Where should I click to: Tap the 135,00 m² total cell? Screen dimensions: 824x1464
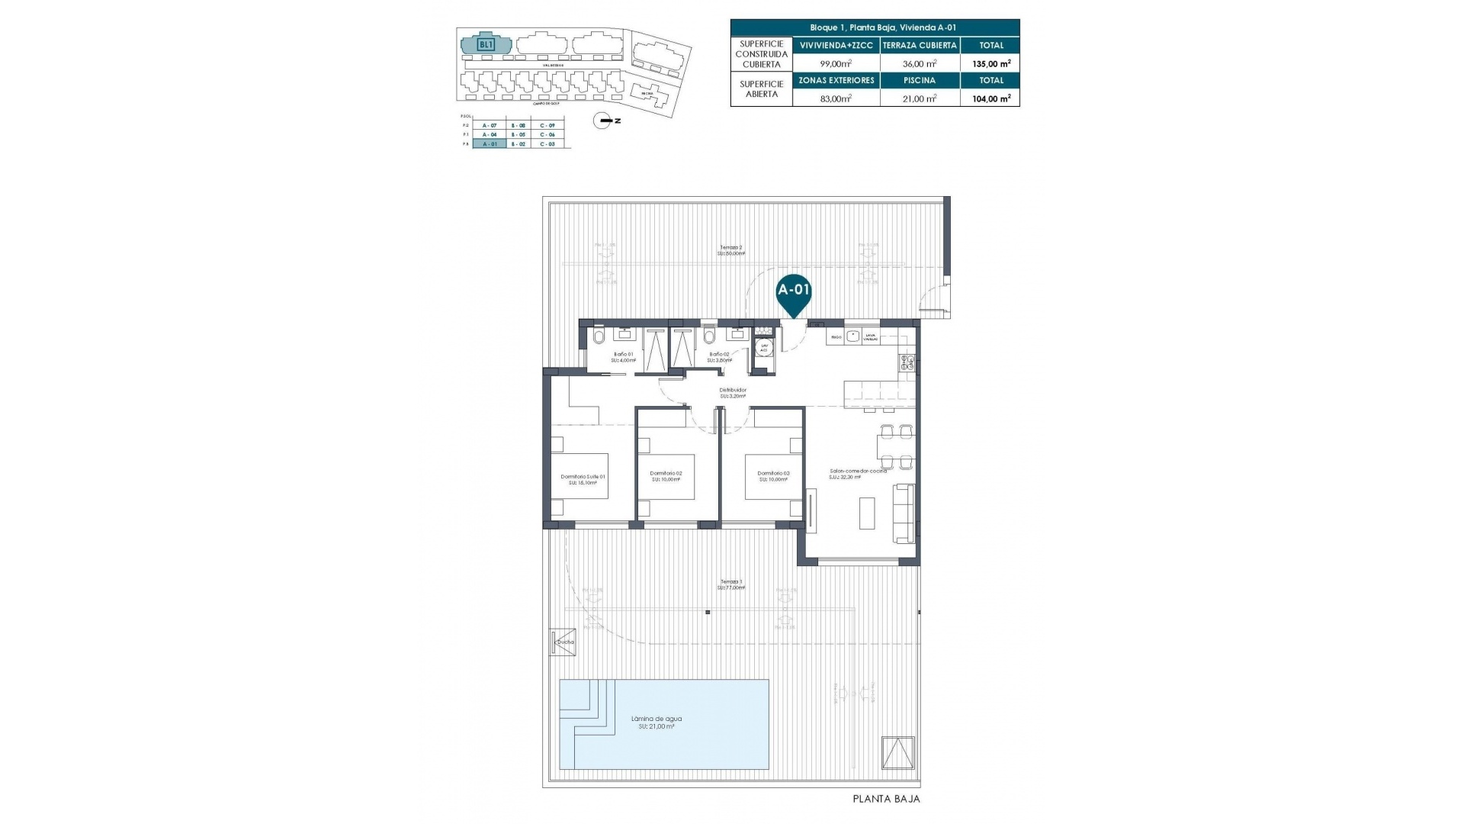pos(991,64)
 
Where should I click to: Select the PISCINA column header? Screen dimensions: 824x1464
pos(919,80)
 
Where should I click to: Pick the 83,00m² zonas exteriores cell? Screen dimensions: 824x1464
pos(836,98)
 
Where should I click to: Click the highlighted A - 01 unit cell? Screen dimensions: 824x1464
pos(489,143)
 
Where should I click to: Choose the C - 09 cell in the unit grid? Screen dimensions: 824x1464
pos(547,125)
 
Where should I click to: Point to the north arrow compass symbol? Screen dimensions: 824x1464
pos(603,121)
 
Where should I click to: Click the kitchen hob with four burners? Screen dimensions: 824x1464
pos(907,362)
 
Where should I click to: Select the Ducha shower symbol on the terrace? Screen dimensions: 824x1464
pos(563,642)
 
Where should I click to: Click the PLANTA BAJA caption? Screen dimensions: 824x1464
pos(886,800)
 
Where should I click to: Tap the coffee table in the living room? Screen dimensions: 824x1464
pos(868,513)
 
